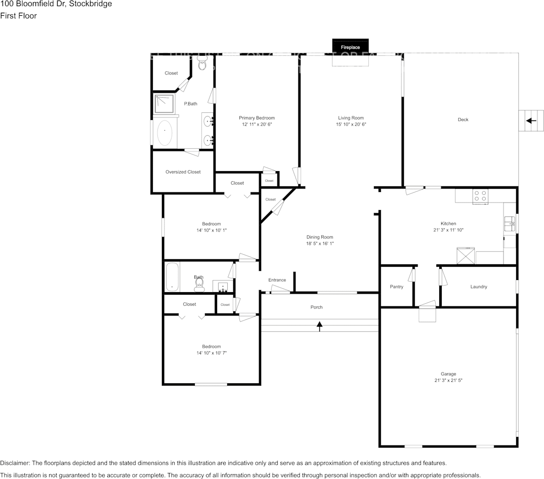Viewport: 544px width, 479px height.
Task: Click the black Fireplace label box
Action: tap(350, 47)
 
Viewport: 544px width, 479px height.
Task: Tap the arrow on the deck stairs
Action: tap(531, 121)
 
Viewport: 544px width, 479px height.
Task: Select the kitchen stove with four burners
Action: tap(480, 196)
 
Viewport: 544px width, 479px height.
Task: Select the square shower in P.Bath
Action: tap(164, 104)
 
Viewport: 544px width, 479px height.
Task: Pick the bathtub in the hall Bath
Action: tap(172, 276)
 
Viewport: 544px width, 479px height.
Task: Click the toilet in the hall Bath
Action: tap(199, 287)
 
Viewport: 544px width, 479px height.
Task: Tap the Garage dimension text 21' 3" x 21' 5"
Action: tap(448, 380)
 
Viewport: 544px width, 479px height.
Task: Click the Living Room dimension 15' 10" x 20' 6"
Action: tap(351, 124)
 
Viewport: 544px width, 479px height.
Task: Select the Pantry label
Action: tap(397, 287)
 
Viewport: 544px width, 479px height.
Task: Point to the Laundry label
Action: tap(478, 287)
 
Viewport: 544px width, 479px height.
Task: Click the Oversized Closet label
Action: tap(183, 172)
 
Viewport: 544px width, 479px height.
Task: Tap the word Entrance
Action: tap(277, 280)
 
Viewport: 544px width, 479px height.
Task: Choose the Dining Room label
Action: tap(319, 237)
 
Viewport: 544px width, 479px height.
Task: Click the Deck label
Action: tap(463, 119)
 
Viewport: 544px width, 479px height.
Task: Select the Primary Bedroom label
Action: tap(257, 118)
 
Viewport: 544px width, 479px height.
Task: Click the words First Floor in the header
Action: tap(18, 16)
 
